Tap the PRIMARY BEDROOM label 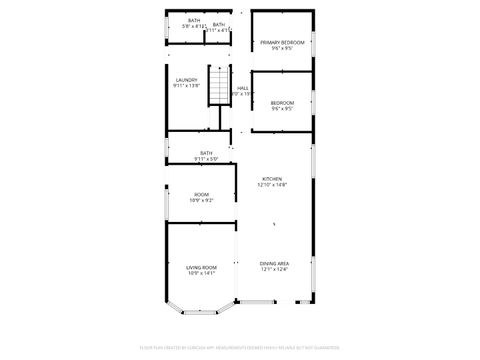point(281,42)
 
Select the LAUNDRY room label point(187,80)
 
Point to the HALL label point(242,88)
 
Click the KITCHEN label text point(273,178)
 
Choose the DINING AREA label point(274,262)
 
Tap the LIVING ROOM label point(202,267)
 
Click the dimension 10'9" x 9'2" point(202,201)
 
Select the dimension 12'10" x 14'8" point(273,185)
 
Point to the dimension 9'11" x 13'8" point(187,87)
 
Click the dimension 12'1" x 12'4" point(274,269)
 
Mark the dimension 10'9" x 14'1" point(202,273)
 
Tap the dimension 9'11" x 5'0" point(206,159)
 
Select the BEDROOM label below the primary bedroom point(282,103)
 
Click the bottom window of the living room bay point(202,314)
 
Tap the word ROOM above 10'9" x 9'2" point(202,194)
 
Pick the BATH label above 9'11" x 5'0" point(206,153)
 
